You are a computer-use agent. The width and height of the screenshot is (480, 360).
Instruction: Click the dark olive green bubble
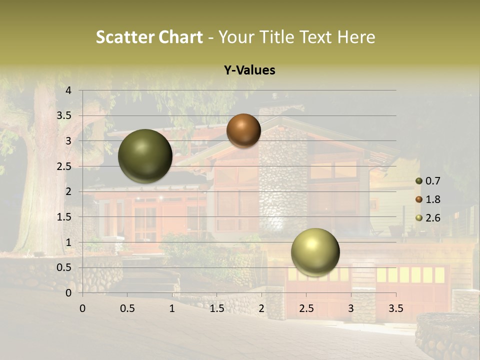[x=145, y=156]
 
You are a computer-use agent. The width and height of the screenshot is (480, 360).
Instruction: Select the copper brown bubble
[x=243, y=130]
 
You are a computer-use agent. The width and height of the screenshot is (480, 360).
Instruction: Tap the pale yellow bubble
[x=315, y=252]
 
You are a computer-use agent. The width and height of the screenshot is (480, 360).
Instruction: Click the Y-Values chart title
[x=249, y=70]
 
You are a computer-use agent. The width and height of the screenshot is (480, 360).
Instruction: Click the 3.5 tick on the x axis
[x=396, y=308]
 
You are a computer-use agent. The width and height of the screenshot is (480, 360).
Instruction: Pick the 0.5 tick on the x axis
[x=127, y=308]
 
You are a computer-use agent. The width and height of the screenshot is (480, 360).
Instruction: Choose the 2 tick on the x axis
[x=261, y=308]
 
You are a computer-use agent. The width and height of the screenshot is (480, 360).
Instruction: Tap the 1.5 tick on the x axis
[x=216, y=308]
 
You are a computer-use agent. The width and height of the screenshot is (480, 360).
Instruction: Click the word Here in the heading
[x=356, y=37]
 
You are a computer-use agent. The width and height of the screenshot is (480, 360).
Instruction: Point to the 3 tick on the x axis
[x=351, y=308]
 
